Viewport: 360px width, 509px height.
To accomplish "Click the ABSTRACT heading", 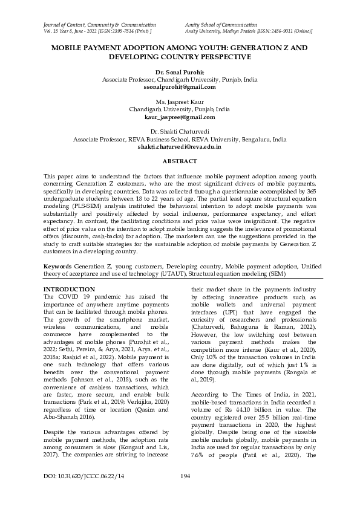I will (x=180, y=161).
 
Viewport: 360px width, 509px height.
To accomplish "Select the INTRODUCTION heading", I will (x=70, y=290).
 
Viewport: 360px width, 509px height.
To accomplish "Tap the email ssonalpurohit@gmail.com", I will (x=180, y=88).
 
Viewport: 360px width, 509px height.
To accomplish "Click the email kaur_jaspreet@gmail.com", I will (x=180, y=117).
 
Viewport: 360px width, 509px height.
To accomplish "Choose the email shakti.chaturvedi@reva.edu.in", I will (x=180, y=146).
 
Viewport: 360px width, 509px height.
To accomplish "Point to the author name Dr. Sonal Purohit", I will (x=180, y=72).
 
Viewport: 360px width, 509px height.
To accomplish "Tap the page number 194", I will (x=186, y=494).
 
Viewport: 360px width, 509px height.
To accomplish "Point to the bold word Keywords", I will (x=57, y=266).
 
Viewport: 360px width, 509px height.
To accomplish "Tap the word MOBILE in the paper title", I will (x=70, y=47).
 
